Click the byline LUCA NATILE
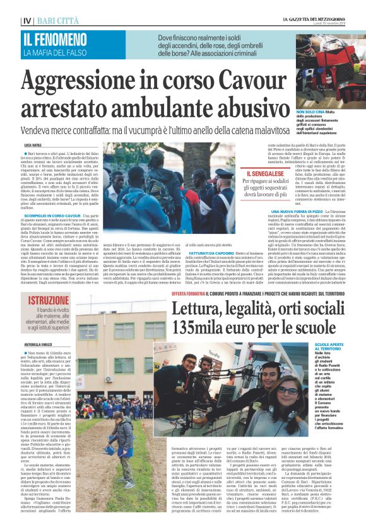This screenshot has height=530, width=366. pyautogui.click(x=33, y=145)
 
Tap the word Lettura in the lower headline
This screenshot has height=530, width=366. pyautogui.click(x=198, y=310)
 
